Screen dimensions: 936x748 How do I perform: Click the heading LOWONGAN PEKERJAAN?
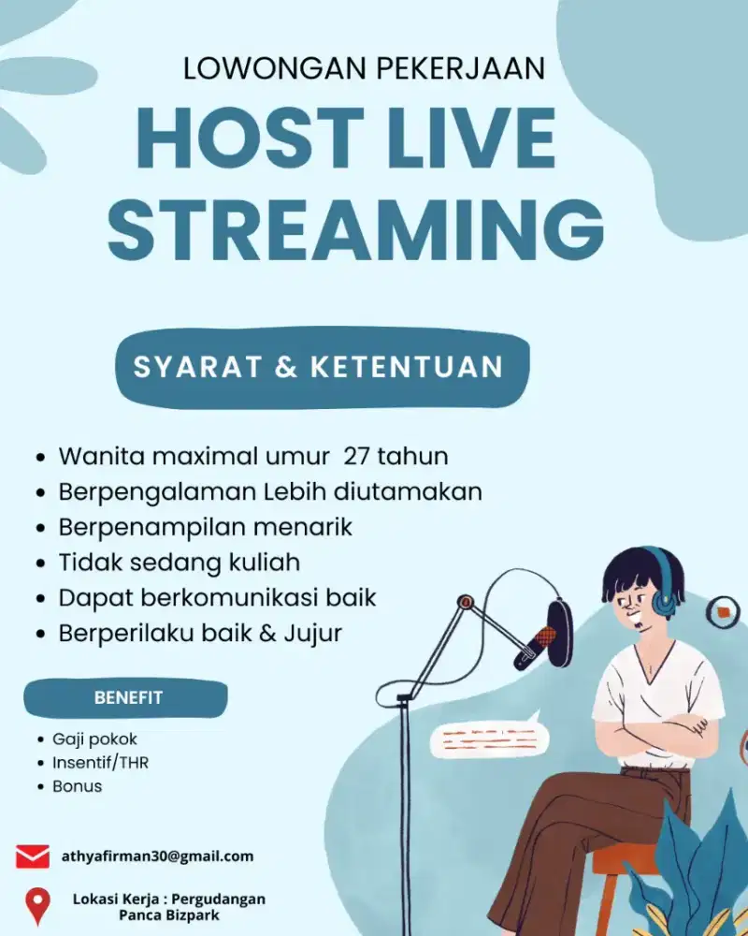[x=364, y=68]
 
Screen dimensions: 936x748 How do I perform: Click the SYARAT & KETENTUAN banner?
[x=321, y=366]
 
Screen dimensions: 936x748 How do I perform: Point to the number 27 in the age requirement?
[x=357, y=456]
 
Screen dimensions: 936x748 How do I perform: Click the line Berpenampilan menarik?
[x=205, y=526]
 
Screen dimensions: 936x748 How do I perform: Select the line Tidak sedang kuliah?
[x=179, y=562]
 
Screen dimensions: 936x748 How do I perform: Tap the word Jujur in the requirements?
[x=314, y=633]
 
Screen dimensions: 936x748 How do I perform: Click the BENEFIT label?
[x=128, y=697]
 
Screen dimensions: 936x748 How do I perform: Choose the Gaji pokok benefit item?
[x=94, y=739]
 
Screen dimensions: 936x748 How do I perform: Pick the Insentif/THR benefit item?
[x=100, y=763]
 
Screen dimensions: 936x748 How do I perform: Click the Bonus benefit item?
[x=77, y=786]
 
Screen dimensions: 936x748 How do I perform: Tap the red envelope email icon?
[x=33, y=856]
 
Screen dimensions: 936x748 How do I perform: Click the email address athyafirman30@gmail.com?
[x=157, y=856]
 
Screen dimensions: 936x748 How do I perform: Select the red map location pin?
[x=37, y=905]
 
